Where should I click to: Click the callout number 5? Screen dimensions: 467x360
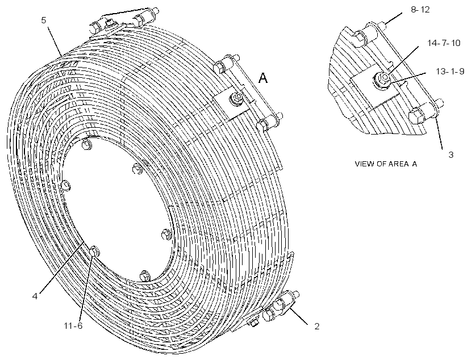(x=44, y=20)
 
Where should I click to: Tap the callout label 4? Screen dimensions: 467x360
(x=35, y=296)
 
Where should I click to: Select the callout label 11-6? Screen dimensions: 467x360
(x=73, y=326)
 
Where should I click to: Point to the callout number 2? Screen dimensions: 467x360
(x=317, y=326)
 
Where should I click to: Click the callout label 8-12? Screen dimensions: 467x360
(x=420, y=10)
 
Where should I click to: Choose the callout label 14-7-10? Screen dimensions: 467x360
(x=444, y=43)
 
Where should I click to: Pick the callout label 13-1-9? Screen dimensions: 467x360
(x=450, y=72)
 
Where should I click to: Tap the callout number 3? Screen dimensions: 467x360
(x=451, y=155)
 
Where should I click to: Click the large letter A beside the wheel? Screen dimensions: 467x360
(x=263, y=78)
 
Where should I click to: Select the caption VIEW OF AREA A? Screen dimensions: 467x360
(x=386, y=164)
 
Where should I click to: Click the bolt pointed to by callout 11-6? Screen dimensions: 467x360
(x=94, y=251)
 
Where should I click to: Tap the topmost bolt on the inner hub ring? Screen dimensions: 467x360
(x=86, y=144)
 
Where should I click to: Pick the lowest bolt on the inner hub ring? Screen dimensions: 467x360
(x=145, y=275)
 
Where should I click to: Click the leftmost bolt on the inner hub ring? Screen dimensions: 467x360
(x=66, y=185)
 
